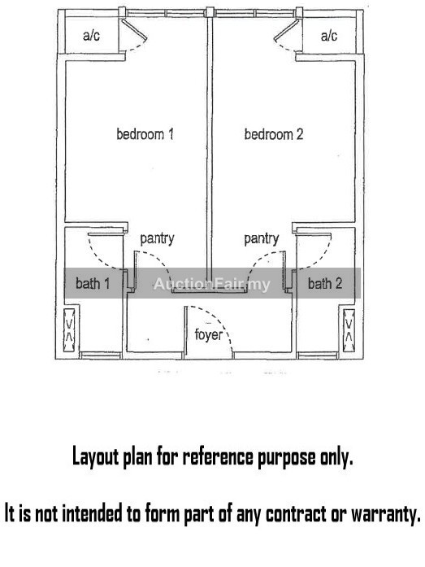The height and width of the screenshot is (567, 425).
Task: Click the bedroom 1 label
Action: [145, 134]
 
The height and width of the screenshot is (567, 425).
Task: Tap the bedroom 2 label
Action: [274, 134]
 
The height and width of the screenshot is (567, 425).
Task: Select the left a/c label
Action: [91, 36]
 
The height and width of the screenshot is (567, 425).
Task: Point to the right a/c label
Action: [329, 36]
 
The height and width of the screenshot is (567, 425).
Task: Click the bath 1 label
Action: [93, 283]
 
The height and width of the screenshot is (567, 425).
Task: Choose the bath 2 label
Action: [324, 283]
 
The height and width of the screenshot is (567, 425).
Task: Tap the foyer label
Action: [208, 334]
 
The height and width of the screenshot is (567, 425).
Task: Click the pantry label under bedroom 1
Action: [157, 238]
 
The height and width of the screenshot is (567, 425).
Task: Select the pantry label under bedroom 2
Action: [262, 238]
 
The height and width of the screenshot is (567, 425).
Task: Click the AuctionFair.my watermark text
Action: [211, 284]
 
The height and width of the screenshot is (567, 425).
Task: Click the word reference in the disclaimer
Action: [218, 456]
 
